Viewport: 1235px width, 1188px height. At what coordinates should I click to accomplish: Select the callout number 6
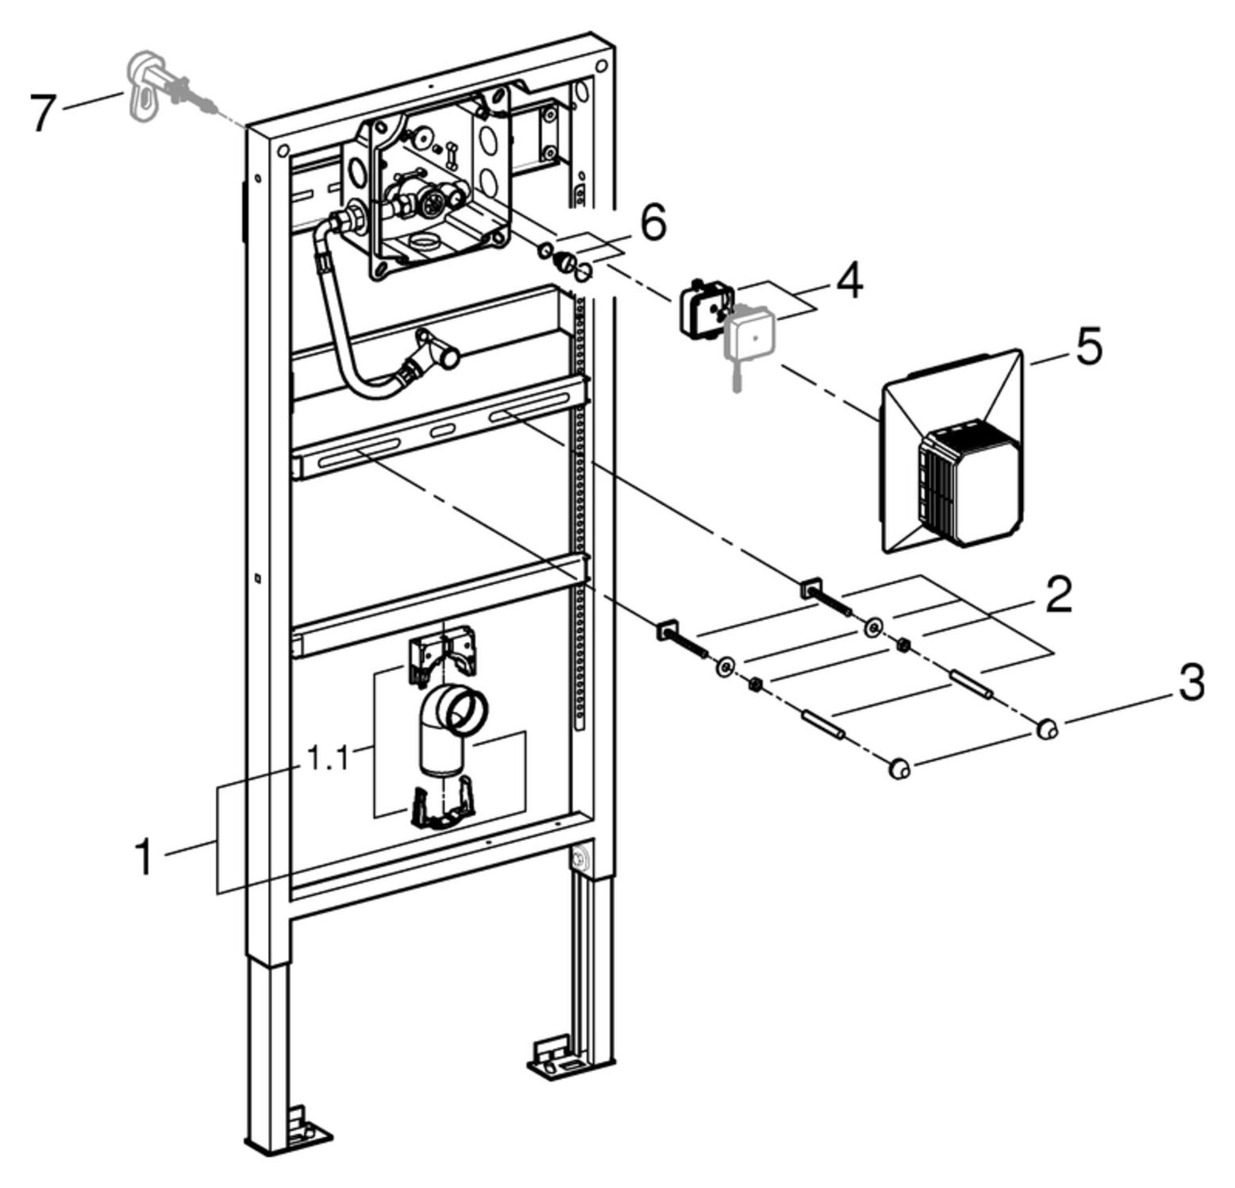click(x=652, y=222)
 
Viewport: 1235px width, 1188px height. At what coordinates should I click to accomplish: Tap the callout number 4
click(x=849, y=280)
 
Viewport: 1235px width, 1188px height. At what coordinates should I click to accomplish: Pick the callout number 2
click(x=1059, y=595)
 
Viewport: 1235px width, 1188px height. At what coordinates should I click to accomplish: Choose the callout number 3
click(x=1191, y=683)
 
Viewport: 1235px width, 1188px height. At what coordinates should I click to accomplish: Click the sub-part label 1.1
click(x=328, y=758)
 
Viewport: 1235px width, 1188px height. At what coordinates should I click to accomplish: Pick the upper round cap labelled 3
click(x=1048, y=727)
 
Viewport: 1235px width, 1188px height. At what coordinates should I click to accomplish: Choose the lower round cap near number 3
click(x=899, y=768)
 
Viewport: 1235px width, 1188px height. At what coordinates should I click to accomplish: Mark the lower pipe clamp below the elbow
click(x=441, y=808)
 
